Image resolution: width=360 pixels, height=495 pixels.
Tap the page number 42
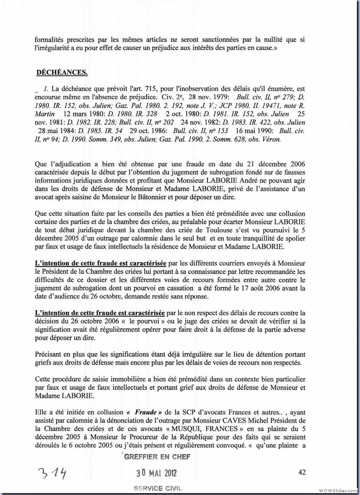302,472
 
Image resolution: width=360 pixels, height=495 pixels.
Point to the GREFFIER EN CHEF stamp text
157,457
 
